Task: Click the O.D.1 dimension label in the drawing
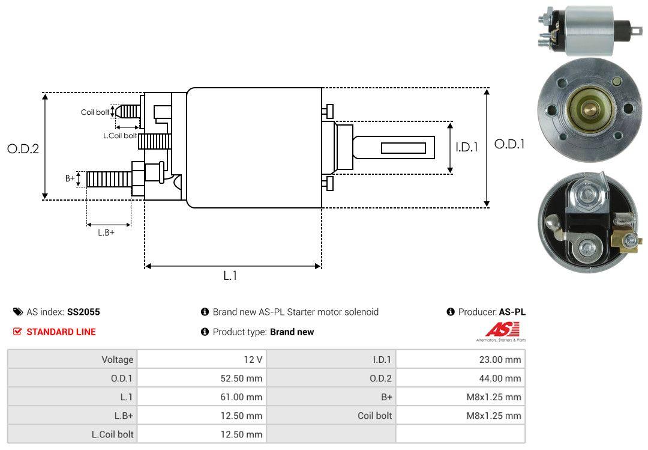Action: click(x=509, y=144)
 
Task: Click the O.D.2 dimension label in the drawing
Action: click(x=23, y=148)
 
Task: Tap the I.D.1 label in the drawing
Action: click(x=466, y=147)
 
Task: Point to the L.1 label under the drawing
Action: click(x=230, y=276)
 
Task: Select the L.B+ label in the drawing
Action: click(x=106, y=233)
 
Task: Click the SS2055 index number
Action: click(x=83, y=312)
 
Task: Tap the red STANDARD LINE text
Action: click(x=61, y=332)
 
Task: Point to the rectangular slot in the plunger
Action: click(x=403, y=148)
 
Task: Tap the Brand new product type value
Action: click(x=292, y=332)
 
